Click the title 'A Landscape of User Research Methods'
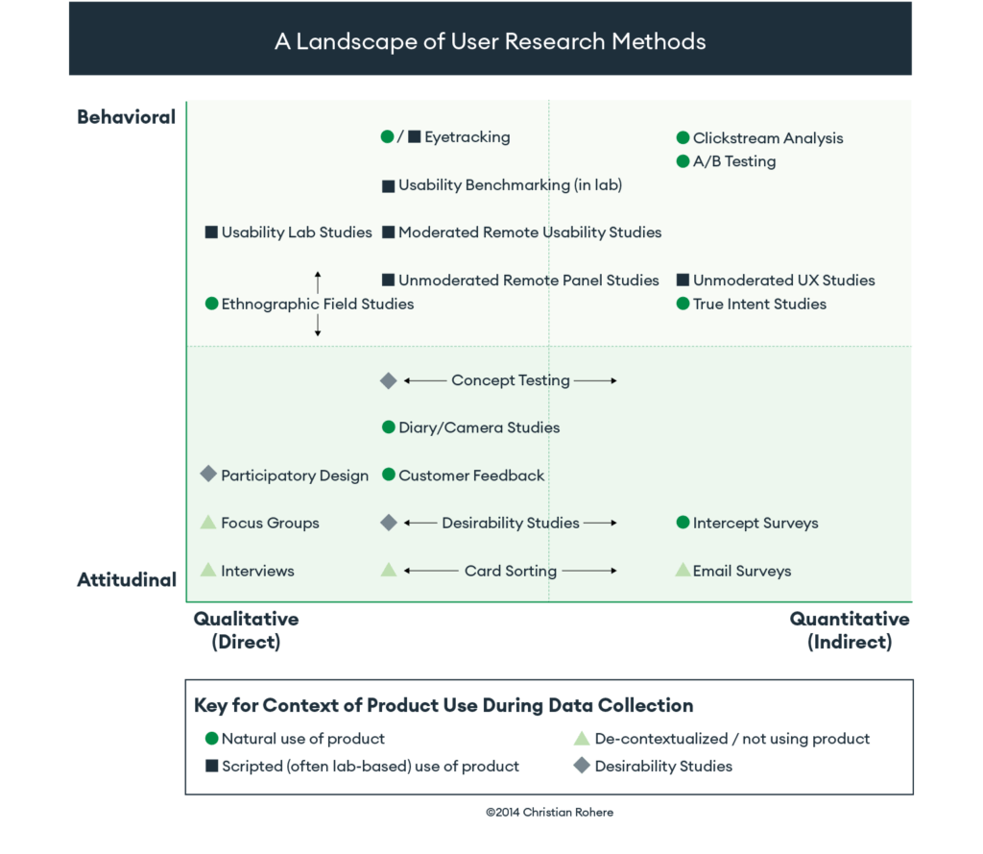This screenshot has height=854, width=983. [490, 41]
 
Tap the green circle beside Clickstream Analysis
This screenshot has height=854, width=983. [683, 138]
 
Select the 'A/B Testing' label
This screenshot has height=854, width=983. [734, 161]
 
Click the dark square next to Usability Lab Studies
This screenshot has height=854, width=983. [211, 232]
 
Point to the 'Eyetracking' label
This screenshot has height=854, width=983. [467, 137]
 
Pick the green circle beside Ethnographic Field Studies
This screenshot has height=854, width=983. [211, 304]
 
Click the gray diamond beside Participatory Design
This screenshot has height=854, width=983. [207, 475]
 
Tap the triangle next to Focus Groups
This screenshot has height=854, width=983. [207, 523]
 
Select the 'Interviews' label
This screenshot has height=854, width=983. [257, 571]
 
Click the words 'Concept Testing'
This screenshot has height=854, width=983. [510, 380]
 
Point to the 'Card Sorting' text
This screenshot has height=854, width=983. [510, 571]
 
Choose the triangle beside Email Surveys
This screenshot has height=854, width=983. [683, 570]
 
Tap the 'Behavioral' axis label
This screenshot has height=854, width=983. [127, 117]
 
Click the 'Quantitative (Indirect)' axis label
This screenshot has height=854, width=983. [849, 630]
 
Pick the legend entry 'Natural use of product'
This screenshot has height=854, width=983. [302, 739]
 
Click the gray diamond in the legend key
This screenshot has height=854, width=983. [580, 767]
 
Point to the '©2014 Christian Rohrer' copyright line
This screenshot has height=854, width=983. [549, 812]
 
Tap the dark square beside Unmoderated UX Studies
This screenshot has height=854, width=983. [683, 281]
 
